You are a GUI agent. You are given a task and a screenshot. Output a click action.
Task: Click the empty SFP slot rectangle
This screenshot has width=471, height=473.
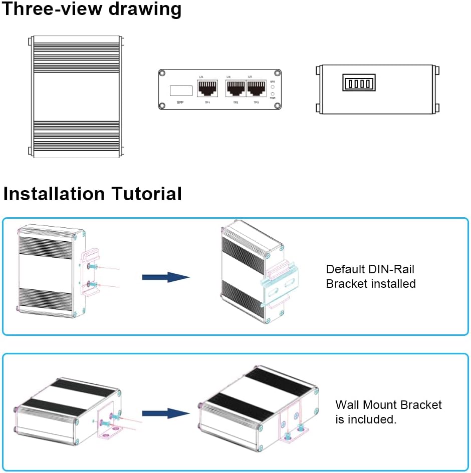click(x=181, y=91)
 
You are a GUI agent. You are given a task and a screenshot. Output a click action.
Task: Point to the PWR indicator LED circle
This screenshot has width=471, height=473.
click(x=273, y=94)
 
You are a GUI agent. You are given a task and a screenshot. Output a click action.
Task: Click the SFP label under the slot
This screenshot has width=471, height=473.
click(x=181, y=103)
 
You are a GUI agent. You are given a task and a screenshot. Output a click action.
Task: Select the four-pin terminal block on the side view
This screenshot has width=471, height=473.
click(x=359, y=83)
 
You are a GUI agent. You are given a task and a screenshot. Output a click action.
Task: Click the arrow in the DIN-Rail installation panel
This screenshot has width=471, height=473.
click(x=166, y=277)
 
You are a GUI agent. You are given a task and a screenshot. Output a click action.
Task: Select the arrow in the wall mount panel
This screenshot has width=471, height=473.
click(x=166, y=413)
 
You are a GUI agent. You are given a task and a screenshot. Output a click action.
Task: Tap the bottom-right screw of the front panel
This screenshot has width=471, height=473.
click(x=277, y=106)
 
